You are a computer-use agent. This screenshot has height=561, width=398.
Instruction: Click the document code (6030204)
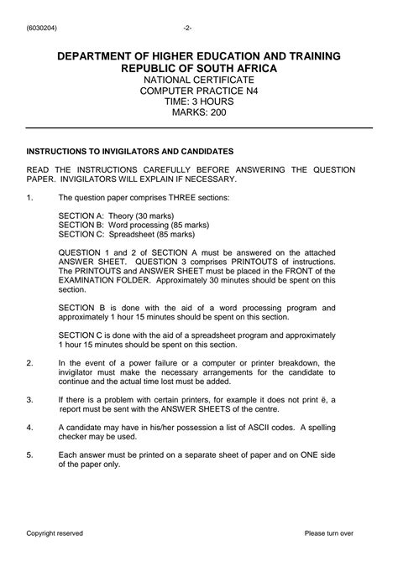(43, 26)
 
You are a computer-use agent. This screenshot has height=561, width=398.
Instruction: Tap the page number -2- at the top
(198, 26)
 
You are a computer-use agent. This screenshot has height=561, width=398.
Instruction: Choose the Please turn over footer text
(329, 533)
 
